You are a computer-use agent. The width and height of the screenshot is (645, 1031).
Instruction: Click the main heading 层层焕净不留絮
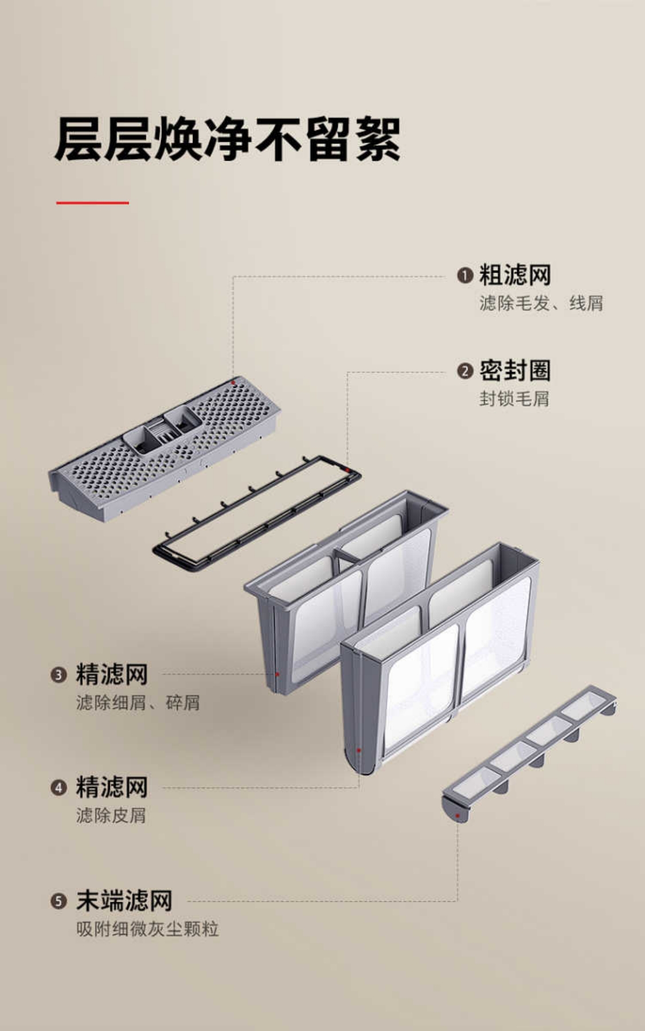click(x=227, y=139)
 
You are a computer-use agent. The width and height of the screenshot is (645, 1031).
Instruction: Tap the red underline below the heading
click(x=92, y=203)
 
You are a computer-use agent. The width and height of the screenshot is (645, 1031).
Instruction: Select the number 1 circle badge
click(x=465, y=275)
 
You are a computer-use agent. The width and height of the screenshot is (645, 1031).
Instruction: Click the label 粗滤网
click(x=515, y=275)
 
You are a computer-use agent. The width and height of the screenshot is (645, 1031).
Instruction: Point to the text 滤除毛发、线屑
click(x=541, y=303)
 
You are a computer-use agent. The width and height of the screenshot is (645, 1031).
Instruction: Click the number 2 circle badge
click(x=465, y=371)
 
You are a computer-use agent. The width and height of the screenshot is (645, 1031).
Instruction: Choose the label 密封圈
click(x=515, y=371)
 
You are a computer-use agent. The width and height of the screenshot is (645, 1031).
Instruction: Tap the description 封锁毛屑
click(x=514, y=398)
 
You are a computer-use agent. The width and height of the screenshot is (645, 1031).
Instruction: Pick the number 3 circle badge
click(x=58, y=675)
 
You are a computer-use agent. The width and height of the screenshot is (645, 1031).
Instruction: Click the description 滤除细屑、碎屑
click(x=138, y=702)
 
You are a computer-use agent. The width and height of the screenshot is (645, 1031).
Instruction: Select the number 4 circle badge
click(x=58, y=787)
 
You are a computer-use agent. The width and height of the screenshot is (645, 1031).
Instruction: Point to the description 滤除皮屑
click(x=111, y=815)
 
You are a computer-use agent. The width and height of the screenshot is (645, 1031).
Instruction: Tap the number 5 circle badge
click(x=58, y=901)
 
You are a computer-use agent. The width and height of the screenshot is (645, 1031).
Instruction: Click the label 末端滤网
click(x=124, y=901)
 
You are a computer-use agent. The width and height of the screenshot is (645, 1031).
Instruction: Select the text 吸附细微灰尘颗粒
click(x=147, y=929)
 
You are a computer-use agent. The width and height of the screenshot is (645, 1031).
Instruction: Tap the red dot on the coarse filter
click(x=233, y=383)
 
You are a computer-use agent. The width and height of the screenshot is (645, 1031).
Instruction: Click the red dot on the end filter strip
click(x=458, y=815)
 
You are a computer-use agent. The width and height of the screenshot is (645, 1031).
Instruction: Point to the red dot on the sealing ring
click(x=348, y=470)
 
